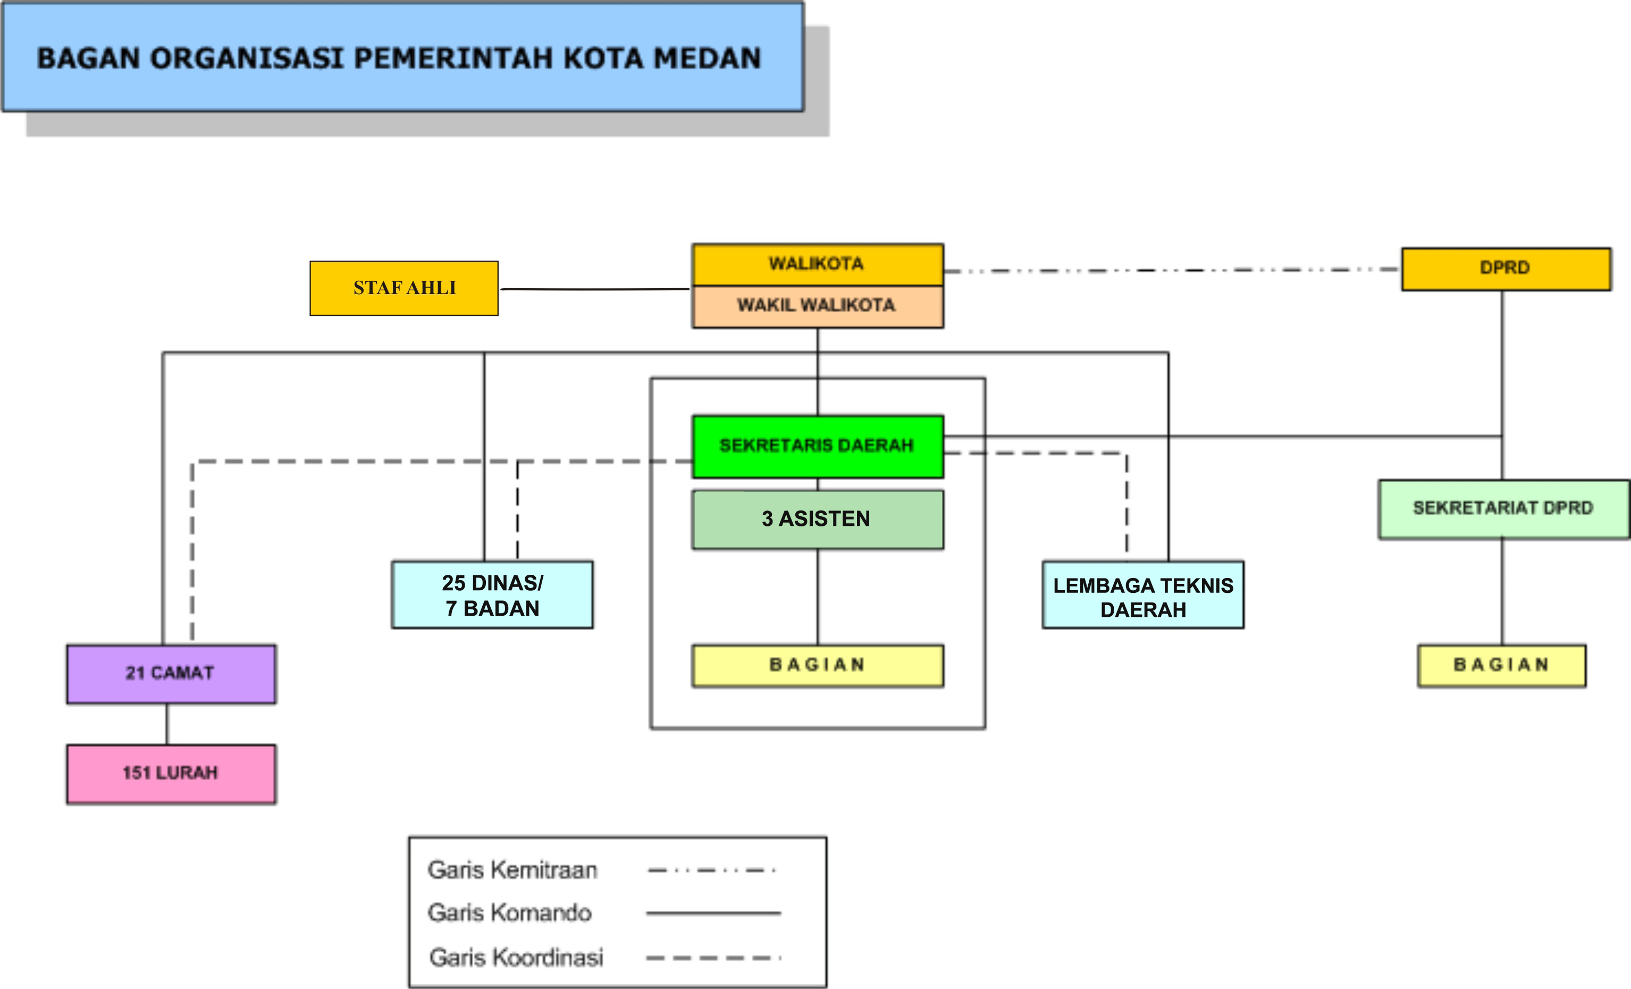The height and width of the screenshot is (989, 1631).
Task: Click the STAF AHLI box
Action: pyautogui.click(x=404, y=288)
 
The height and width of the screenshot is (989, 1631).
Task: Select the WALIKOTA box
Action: pyautogui.click(x=818, y=264)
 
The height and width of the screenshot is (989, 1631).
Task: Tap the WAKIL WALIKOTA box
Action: pyautogui.click(x=818, y=306)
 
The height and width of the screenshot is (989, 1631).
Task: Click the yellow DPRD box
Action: pyautogui.click(x=1505, y=269)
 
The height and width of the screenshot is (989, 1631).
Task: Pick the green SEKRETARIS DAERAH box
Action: pyautogui.click(x=818, y=446)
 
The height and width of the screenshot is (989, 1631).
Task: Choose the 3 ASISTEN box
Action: pyautogui.click(x=818, y=519)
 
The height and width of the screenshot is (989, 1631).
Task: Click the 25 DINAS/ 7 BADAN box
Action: pyautogui.click(x=492, y=594)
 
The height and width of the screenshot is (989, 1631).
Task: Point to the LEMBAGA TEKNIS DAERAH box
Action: pyautogui.click(x=1142, y=595)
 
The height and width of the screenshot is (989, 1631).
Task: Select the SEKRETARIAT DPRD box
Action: pyautogui.click(x=1503, y=508)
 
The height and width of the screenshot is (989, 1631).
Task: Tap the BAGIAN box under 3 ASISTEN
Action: pyautogui.click(x=818, y=665)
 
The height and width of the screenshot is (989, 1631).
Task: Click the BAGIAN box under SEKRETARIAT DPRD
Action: pyautogui.click(x=1501, y=665)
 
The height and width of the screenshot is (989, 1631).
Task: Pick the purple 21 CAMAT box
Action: pyautogui.click(x=171, y=673)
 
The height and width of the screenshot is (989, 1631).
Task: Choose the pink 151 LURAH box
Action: pyautogui.click(x=171, y=773)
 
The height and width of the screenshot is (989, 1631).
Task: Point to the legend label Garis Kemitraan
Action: pyautogui.click(x=512, y=870)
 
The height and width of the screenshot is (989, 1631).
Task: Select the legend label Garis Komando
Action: pyautogui.click(x=510, y=913)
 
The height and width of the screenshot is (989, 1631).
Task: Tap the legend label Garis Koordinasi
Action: pyautogui.click(x=516, y=957)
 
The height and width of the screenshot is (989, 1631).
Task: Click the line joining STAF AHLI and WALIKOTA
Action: pyautogui.click(x=594, y=289)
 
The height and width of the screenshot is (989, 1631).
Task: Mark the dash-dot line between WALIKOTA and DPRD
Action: pyautogui.click(x=1172, y=270)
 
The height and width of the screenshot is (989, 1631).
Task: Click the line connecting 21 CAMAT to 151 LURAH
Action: pyautogui.click(x=167, y=724)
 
